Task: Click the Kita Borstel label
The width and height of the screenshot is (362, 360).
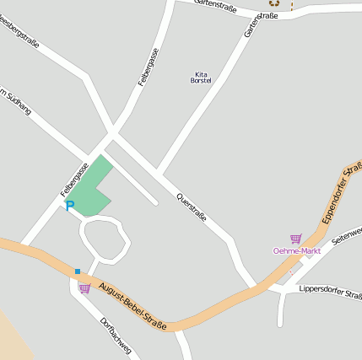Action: click(201, 77)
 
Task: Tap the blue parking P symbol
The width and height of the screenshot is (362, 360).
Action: click(70, 206)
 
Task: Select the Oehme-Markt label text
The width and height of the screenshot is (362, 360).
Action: click(297, 250)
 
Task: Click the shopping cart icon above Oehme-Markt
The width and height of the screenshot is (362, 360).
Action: click(295, 239)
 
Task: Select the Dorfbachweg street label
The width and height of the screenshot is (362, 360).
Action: click(115, 336)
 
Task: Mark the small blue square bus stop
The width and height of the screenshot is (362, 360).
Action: click(77, 271)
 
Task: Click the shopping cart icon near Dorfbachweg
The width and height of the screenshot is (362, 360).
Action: click(84, 288)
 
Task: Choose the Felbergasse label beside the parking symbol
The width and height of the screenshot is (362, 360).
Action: click(74, 180)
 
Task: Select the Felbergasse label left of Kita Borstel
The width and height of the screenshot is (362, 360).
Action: click(149, 67)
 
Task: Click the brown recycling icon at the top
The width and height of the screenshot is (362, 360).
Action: click(274, 3)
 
